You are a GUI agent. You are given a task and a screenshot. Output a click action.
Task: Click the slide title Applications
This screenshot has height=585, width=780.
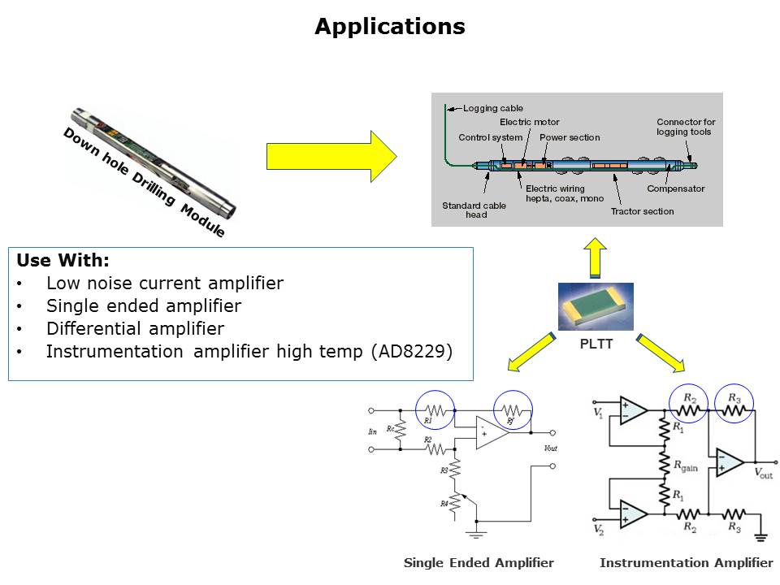click(x=390, y=27)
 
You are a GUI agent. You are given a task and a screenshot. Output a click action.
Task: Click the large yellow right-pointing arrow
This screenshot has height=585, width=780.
click(x=331, y=156)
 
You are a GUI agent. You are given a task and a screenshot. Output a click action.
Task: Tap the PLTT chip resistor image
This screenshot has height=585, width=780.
click(x=596, y=306)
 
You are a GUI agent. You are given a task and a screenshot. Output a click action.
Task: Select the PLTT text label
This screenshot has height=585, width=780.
click(x=596, y=344)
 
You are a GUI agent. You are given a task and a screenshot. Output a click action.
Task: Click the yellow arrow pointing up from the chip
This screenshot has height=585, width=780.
click(x=595, y=258)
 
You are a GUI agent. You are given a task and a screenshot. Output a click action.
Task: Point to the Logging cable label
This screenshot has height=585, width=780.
click(x=493, y=108)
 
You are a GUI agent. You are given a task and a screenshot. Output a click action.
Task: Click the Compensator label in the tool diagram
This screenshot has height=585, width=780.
click(x=675, y=188)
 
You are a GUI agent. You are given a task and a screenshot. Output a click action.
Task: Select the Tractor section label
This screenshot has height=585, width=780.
click(x=642, y=211)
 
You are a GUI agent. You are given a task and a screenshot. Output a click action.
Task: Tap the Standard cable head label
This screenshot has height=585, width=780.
click(x=474, y=210)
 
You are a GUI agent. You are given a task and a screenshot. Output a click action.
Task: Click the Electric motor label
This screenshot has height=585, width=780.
click(x=529, y=122)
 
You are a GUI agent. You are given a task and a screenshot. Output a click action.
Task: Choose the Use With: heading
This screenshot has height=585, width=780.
click(x=63, y=261)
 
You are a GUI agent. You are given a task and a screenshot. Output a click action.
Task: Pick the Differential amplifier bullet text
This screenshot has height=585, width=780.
click(x=135, y=329)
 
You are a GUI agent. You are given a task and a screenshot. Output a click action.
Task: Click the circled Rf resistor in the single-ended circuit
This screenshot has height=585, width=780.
click(x=512, y=411)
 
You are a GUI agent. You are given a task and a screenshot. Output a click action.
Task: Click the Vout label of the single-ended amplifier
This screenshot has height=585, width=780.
click(x=550, y=448)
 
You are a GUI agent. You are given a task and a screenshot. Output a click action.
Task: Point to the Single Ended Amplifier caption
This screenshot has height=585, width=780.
click(x=479, y=562)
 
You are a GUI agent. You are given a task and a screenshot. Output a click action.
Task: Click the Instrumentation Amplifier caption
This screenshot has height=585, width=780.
click(x=686, y=562)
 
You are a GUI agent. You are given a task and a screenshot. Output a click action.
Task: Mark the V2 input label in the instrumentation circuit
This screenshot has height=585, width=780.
click(x=599, y=531)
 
